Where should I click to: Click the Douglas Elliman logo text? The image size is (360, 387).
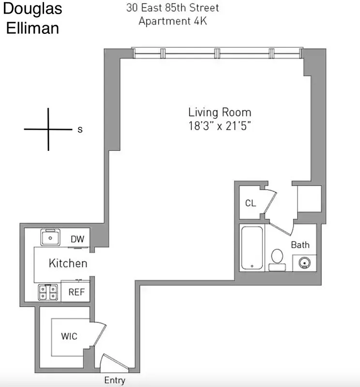tap(32, 18)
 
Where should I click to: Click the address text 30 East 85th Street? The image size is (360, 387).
tap(172, 8)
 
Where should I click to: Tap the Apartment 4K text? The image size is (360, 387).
tap(172, 21)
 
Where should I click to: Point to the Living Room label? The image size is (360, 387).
tap(220, 112)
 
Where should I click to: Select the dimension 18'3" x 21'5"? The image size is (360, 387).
tap(220, 126)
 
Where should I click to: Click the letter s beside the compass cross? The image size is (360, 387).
tap(80, 130)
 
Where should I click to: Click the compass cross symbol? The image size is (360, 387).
tap(48, 129)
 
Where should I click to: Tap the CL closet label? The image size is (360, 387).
tap(250, 203)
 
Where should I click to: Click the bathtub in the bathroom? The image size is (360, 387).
tap(252, 248)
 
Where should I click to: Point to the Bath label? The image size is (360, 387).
tap(300, 245)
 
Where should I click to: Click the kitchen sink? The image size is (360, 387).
tap(49, 238)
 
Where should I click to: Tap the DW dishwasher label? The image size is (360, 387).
tap(77, 239)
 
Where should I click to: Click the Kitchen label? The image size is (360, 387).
tap(68, 263)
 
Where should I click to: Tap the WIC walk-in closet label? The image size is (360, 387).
tap(69, 336)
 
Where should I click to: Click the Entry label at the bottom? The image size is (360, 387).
tap(115, 380)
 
